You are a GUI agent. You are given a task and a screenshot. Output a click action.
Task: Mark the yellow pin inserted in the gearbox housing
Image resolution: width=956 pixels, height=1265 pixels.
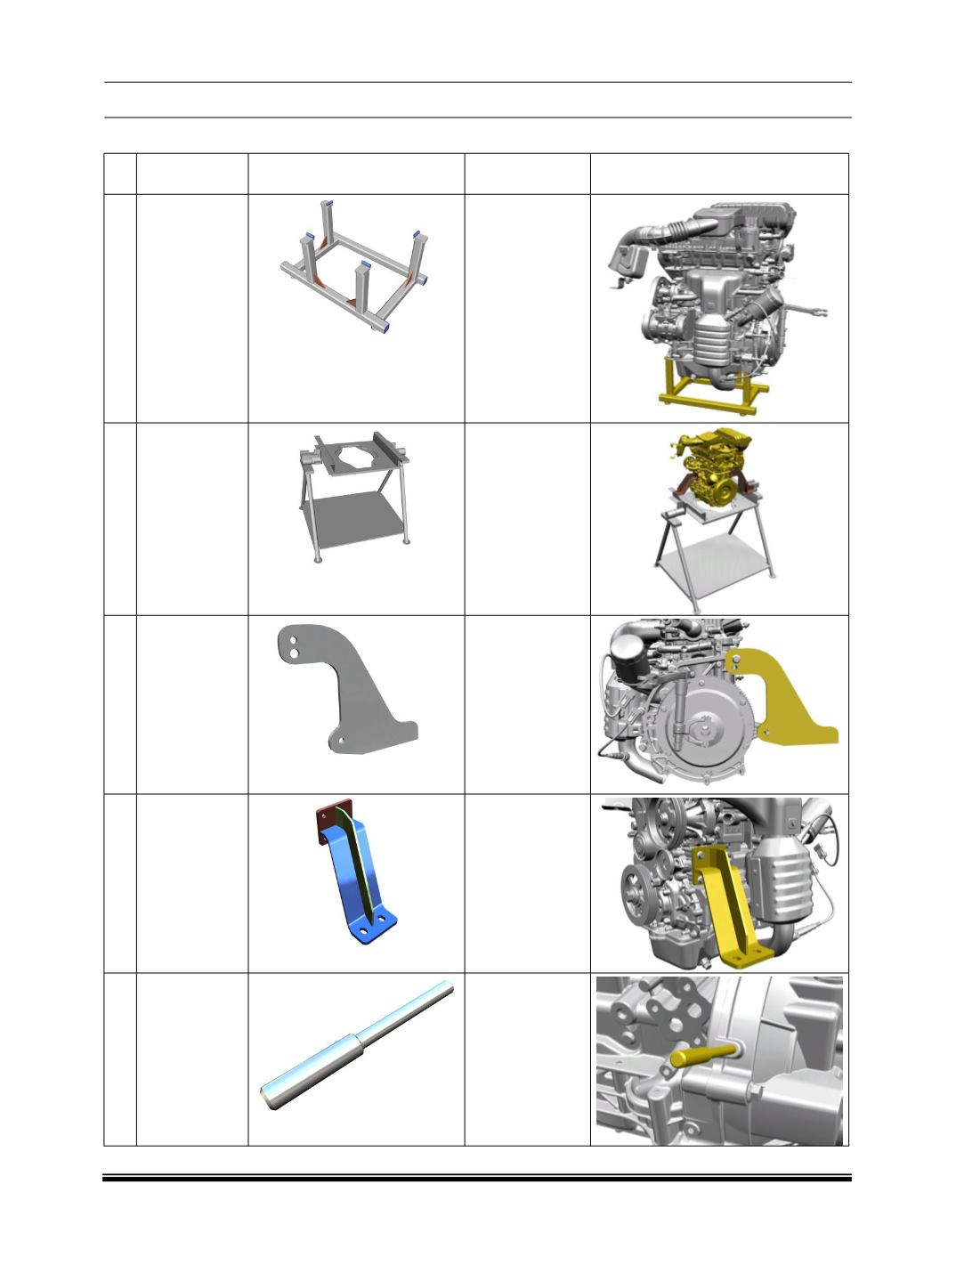tap(702, 1055)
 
